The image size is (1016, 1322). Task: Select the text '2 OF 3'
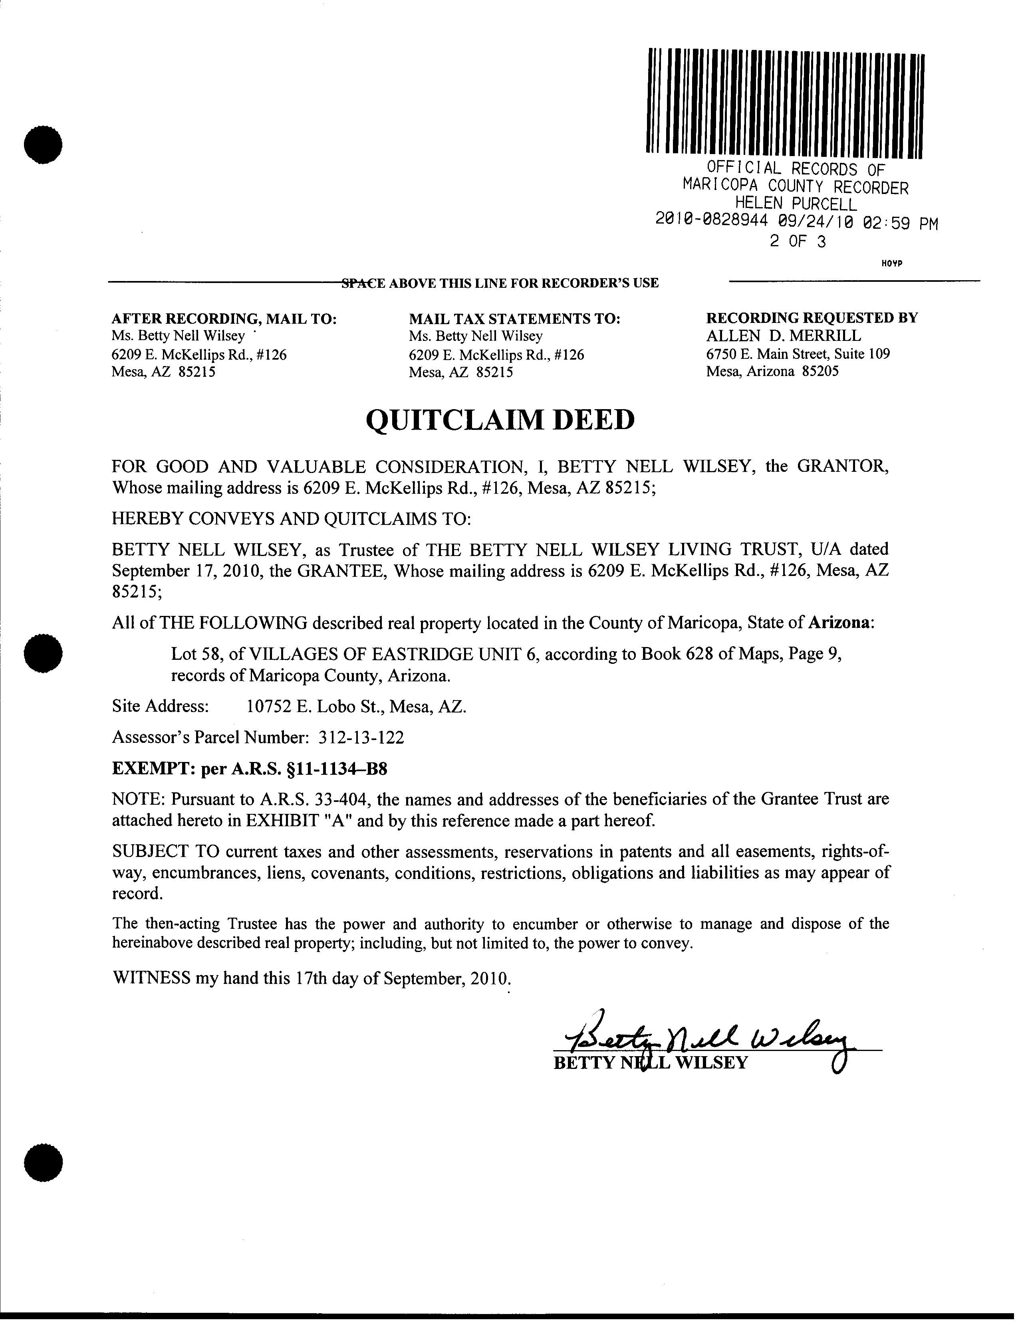pyautogui.click(x=798, y=242)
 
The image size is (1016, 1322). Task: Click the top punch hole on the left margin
pyautogui.click(x=43, y=144)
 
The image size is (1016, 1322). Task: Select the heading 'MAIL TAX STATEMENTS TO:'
pyautogui.click(x=515, y=319)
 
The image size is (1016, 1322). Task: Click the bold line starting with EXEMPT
pyautogui.click(x=249, y=769)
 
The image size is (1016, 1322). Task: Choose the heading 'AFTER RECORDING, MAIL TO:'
pyautogui.click(x=224, y=319)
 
